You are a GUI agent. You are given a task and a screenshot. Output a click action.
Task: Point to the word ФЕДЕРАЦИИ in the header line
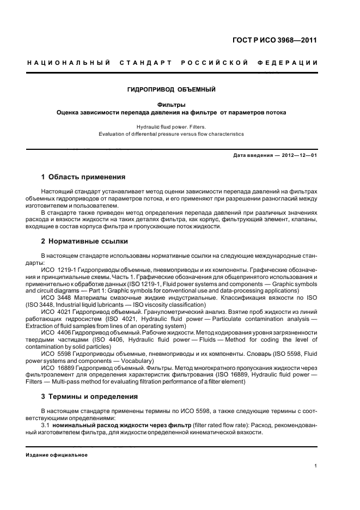295,64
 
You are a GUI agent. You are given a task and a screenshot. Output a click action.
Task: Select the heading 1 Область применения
83,177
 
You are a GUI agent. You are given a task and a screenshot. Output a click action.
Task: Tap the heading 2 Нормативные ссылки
85,241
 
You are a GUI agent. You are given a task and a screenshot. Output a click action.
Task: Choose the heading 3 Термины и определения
89,396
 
